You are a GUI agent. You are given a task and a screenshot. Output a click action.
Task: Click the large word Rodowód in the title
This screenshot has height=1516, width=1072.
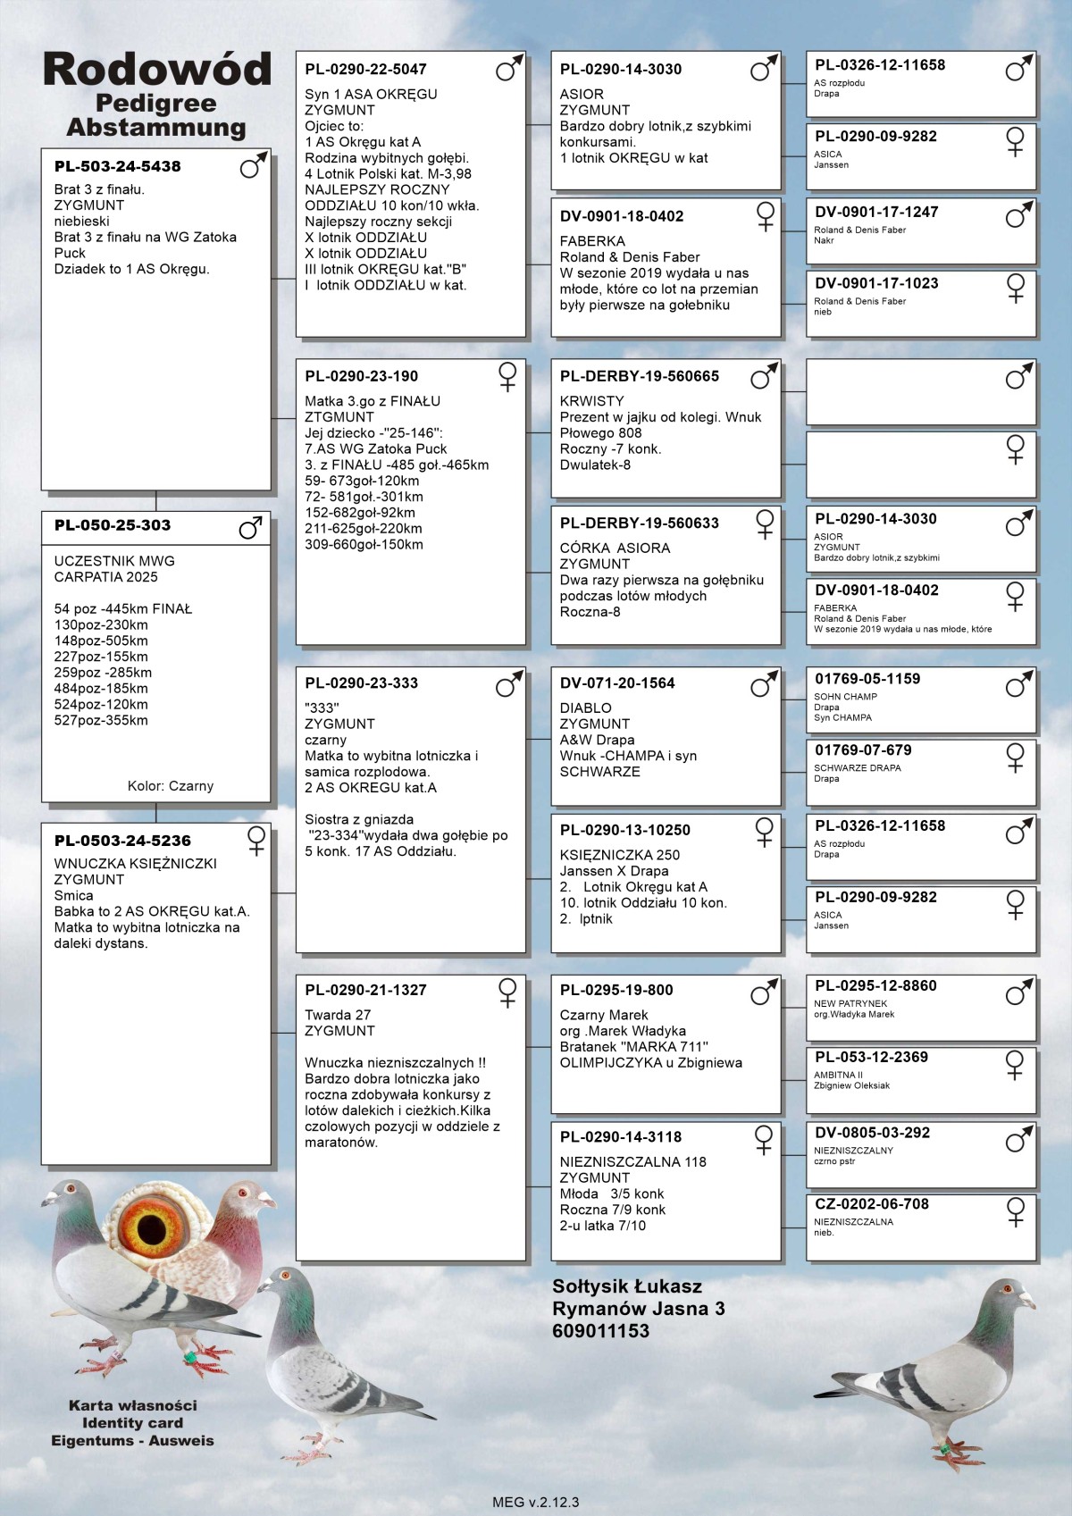(x=156, y=70)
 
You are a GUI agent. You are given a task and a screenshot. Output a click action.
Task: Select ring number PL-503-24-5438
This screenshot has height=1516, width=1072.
(x=117, y=167)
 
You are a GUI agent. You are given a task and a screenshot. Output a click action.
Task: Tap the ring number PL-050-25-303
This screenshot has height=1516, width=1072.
(x=112, y=525)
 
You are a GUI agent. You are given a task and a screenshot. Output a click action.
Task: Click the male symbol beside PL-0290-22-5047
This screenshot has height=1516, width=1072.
(x=508, y=69)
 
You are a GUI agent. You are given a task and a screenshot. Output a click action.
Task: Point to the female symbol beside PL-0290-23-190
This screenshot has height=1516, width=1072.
(x=507, y=376)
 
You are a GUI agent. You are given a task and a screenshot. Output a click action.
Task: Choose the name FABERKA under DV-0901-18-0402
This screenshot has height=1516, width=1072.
(x=592, y=241)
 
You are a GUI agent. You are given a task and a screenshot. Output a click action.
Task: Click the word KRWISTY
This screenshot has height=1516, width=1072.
(x=591, y=401)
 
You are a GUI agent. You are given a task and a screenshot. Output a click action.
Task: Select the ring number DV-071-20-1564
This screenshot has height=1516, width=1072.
(x=617, y=683)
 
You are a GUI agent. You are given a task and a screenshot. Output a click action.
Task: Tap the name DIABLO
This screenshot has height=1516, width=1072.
(x=585, y=708)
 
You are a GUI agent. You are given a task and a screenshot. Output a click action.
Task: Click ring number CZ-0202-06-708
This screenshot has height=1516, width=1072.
(x=871, y=1204)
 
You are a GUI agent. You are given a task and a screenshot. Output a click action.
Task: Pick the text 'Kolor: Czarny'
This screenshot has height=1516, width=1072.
(x=171, y=786)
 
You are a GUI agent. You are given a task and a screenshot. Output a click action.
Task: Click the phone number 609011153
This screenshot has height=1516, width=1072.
(x=600, y=1331)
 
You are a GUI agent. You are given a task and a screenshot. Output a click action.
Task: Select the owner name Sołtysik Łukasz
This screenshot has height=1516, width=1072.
(x=626, y=1286)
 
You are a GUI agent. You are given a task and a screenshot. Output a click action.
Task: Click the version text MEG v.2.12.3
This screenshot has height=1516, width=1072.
(x=535, y=1502)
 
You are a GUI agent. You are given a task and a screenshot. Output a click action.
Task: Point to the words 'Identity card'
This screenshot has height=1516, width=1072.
(x=132, y=1423)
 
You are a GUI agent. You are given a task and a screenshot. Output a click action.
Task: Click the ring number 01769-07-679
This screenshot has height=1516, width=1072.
(x=863, y=750)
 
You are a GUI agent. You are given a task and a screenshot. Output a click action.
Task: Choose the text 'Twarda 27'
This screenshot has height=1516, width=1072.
(x=338, y=1015)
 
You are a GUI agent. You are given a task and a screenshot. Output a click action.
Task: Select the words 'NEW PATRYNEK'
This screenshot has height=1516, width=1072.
(x=850, y=1003)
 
